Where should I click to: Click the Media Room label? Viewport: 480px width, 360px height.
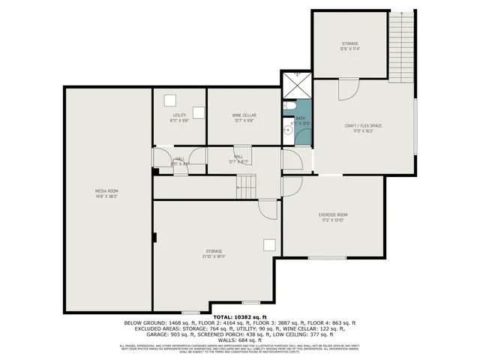[x=106, y=191]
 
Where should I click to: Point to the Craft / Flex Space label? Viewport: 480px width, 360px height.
[x=363, y=125]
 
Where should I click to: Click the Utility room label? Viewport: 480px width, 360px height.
[x=179, y=115]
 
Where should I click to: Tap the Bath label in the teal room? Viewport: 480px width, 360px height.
[x=300, y=118]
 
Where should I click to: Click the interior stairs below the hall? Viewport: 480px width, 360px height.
[x=245, y=186]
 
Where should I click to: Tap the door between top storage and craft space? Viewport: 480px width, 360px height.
[x=348, y=89]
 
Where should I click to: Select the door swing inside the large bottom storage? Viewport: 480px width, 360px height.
[x=266, y=208]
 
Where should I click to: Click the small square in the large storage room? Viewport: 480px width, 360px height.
[x=268, y=244]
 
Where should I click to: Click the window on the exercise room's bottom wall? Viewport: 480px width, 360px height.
[x=327, y=257]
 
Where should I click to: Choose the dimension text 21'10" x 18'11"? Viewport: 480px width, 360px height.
[x=214, y=256]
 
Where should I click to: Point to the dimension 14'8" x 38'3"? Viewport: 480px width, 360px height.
[x=106, y=196]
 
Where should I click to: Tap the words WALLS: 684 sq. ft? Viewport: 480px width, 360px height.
[x=240, y=340]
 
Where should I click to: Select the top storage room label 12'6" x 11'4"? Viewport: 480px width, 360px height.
[x=350, y=49]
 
